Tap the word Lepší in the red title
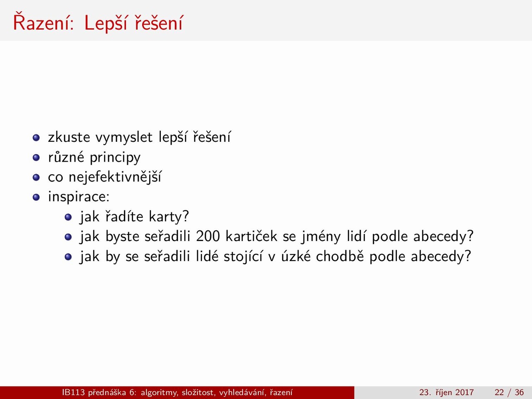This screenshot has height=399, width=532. [x=106, y=24]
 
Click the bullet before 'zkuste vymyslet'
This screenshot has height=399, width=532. [x=36, y=138]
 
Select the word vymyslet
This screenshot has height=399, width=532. [x=124, y=137]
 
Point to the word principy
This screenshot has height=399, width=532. [x=115, y=158]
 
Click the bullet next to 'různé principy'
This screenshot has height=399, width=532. [x=36, y=158]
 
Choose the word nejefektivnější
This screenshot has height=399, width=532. [x=115, y=177]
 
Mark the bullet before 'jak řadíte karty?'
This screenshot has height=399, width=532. [x=68, y=217]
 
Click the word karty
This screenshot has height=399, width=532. [x=165, y=217]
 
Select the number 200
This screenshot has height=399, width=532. [x=208, y=236]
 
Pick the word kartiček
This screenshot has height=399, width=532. [x=251, y=236]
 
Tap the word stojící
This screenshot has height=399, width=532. [x=243, y=257]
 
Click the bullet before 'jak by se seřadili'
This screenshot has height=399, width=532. [x=68, y=256]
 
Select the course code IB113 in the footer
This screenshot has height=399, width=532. [x=74, y=392]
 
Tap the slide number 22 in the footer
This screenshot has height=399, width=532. [x=499, y=392]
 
